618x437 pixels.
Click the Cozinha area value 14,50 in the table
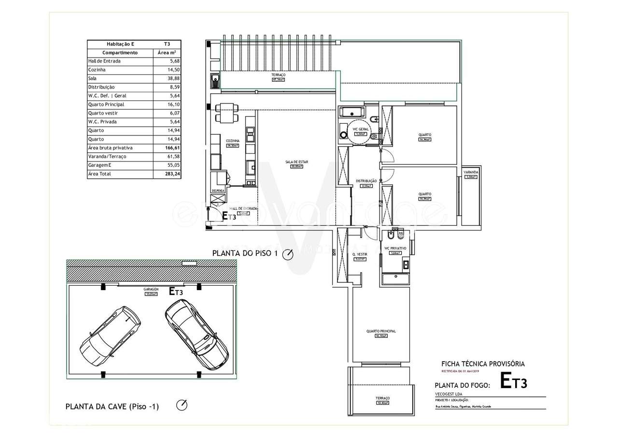pos(168,70)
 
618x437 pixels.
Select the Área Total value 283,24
pos(168,174)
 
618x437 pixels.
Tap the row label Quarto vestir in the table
pos(103,113)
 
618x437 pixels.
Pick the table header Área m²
pos(167,53)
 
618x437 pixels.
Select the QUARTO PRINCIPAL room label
pos(381,331)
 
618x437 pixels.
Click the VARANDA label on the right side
pos(471,172)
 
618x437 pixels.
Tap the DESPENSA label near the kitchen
pos(218,191)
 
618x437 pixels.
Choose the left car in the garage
pos(111,337)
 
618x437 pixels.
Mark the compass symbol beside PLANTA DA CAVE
pos(182,405)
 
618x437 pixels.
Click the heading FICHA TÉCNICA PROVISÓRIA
pos(483,364)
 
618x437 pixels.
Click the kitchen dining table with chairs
pos(225,113)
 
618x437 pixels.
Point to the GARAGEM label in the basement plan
pos(151,289)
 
